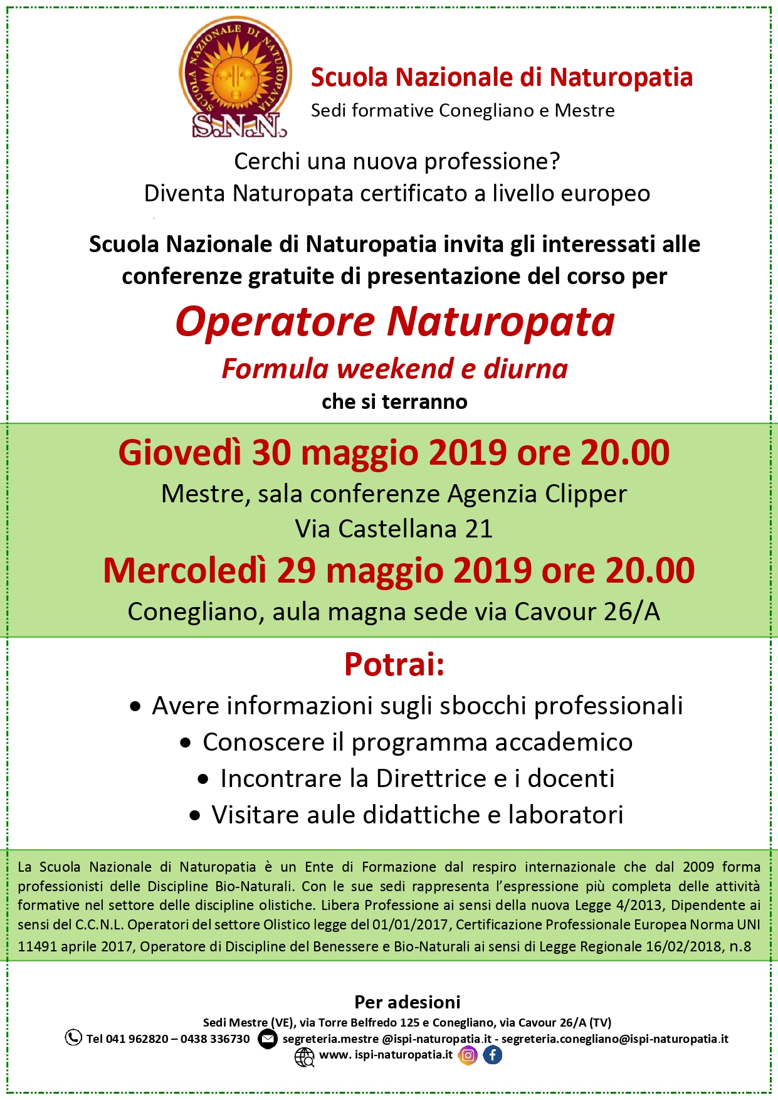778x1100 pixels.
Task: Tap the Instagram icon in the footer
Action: pos(468,1055)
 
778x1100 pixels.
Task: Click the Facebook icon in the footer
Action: pos(493,1055)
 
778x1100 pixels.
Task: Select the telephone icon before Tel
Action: pos(73,1038)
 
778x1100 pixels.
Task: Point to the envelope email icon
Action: pos(268,1039)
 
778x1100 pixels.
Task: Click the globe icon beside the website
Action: pos(305,1057)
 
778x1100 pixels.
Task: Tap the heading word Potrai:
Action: pos(394,665)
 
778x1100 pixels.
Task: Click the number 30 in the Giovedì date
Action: pos(271,453)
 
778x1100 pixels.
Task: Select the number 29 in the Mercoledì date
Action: pos(296,571)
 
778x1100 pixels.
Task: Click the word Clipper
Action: pos(586,494)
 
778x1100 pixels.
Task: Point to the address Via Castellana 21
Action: pos(394,529)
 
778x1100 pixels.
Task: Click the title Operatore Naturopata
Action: pos(395,322)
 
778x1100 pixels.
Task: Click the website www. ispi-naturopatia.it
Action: pos(386,1055)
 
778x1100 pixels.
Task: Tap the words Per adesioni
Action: pos(407,1002)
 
